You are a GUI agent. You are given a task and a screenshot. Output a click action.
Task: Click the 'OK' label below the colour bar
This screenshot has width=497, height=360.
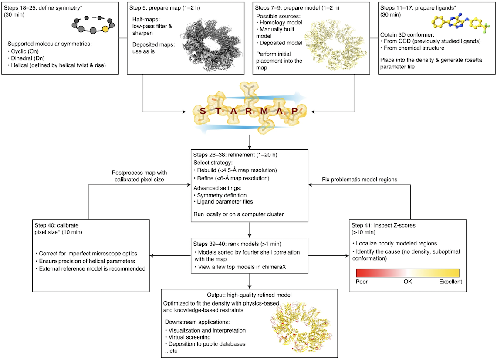[408, 282]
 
